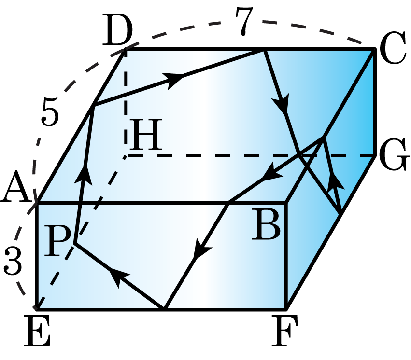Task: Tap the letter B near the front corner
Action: point(266,224)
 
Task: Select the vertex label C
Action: point(392,48)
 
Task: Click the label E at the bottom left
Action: point(37,331)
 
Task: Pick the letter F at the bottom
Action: point(284,331)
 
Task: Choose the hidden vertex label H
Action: point(145,135)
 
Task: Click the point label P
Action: point(57,241)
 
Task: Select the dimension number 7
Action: point(244,21)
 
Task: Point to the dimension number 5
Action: point(50,111)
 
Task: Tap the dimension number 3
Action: point(13,261)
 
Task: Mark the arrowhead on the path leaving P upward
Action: point(84,176)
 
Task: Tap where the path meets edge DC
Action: point(263,50)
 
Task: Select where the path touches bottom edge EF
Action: point(164,308)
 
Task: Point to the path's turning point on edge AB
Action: point(228,202)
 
